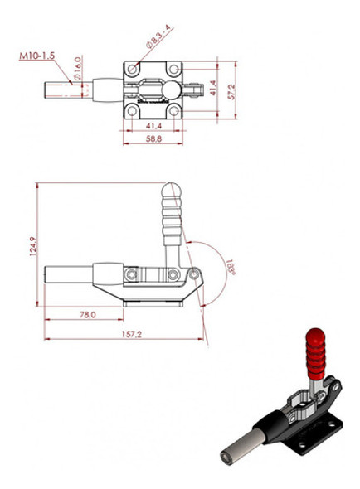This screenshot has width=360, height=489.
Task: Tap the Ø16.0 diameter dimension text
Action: (76, 65)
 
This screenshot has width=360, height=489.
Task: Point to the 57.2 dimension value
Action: (233, 88)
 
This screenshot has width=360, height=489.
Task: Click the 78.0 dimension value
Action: (87, 315)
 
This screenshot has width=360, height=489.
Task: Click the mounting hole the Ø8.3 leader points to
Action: (133, 66)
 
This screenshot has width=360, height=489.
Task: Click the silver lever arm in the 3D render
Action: (317, 390)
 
